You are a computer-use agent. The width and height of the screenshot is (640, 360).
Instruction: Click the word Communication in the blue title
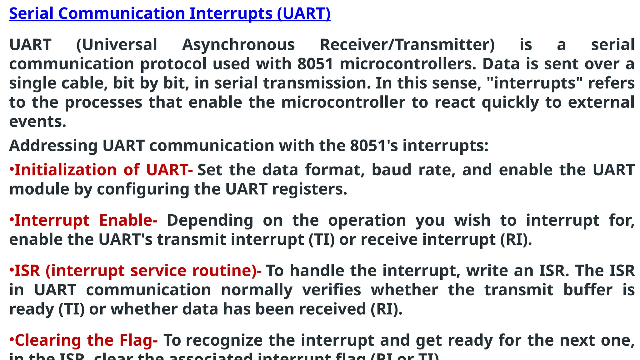[x=122, y=13]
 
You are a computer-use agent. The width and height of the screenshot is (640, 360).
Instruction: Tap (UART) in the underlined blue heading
[x=303, y=13]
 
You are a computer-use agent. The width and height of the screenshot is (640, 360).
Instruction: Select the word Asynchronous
[x=238, y=45]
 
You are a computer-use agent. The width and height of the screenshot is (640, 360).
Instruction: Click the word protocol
[x=173, y=64]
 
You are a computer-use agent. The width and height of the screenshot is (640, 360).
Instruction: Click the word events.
[x=38, y=122]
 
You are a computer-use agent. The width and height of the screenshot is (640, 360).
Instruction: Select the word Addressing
[x=53, y=146]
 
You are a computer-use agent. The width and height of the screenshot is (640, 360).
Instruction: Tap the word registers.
[x=309, y=189]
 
